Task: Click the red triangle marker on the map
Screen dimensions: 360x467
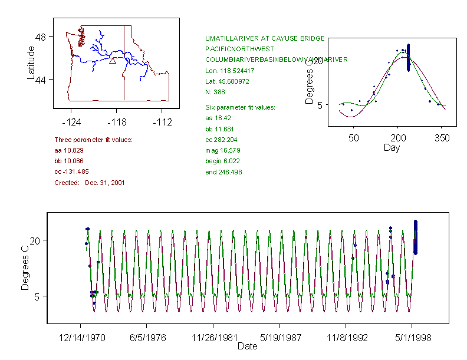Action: click(113, 60)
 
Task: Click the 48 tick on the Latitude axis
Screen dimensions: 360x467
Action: click(41, 37)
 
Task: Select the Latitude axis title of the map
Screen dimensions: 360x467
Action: click(31, 63)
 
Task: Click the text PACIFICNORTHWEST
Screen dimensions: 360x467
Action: click(239, 49)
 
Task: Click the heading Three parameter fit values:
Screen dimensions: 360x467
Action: click(93, 140)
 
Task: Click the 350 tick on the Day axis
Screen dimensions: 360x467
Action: click(442, 138)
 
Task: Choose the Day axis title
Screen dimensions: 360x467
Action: click(391, 147)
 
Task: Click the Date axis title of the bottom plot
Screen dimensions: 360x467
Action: click(247, 346)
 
